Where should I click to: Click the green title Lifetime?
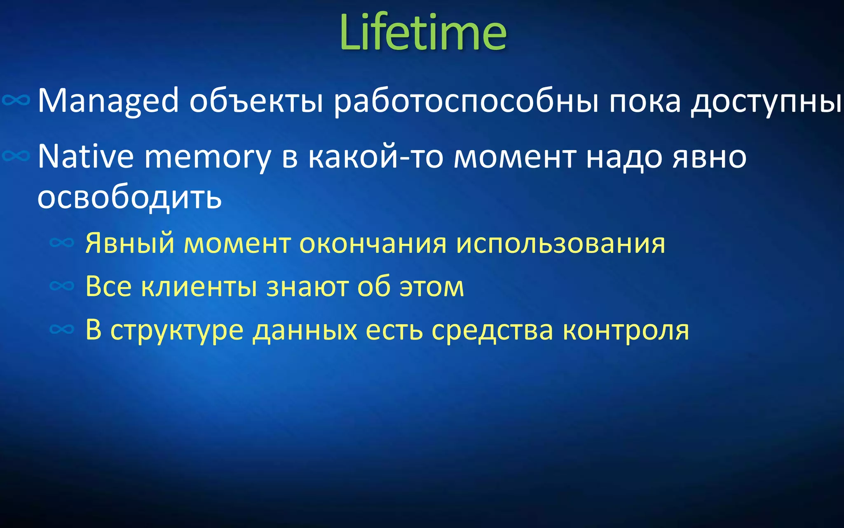pos(423,32)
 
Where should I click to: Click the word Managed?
pos(108,101)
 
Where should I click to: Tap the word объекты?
pos(256,101)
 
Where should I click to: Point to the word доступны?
pos(767,101)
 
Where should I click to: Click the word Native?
pos(85,157)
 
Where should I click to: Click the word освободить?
pos(129,197)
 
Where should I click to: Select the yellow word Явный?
pos(130,243)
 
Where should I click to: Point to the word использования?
pos(560,243)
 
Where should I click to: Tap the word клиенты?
pos(199,286)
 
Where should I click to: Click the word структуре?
pos(177,330)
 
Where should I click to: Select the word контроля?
pos(626,330)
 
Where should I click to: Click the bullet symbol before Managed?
pos(16,100)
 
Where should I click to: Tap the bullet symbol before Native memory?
pos(16,156)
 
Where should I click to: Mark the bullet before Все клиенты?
pos(62,285)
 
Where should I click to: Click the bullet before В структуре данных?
pos(62,329)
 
